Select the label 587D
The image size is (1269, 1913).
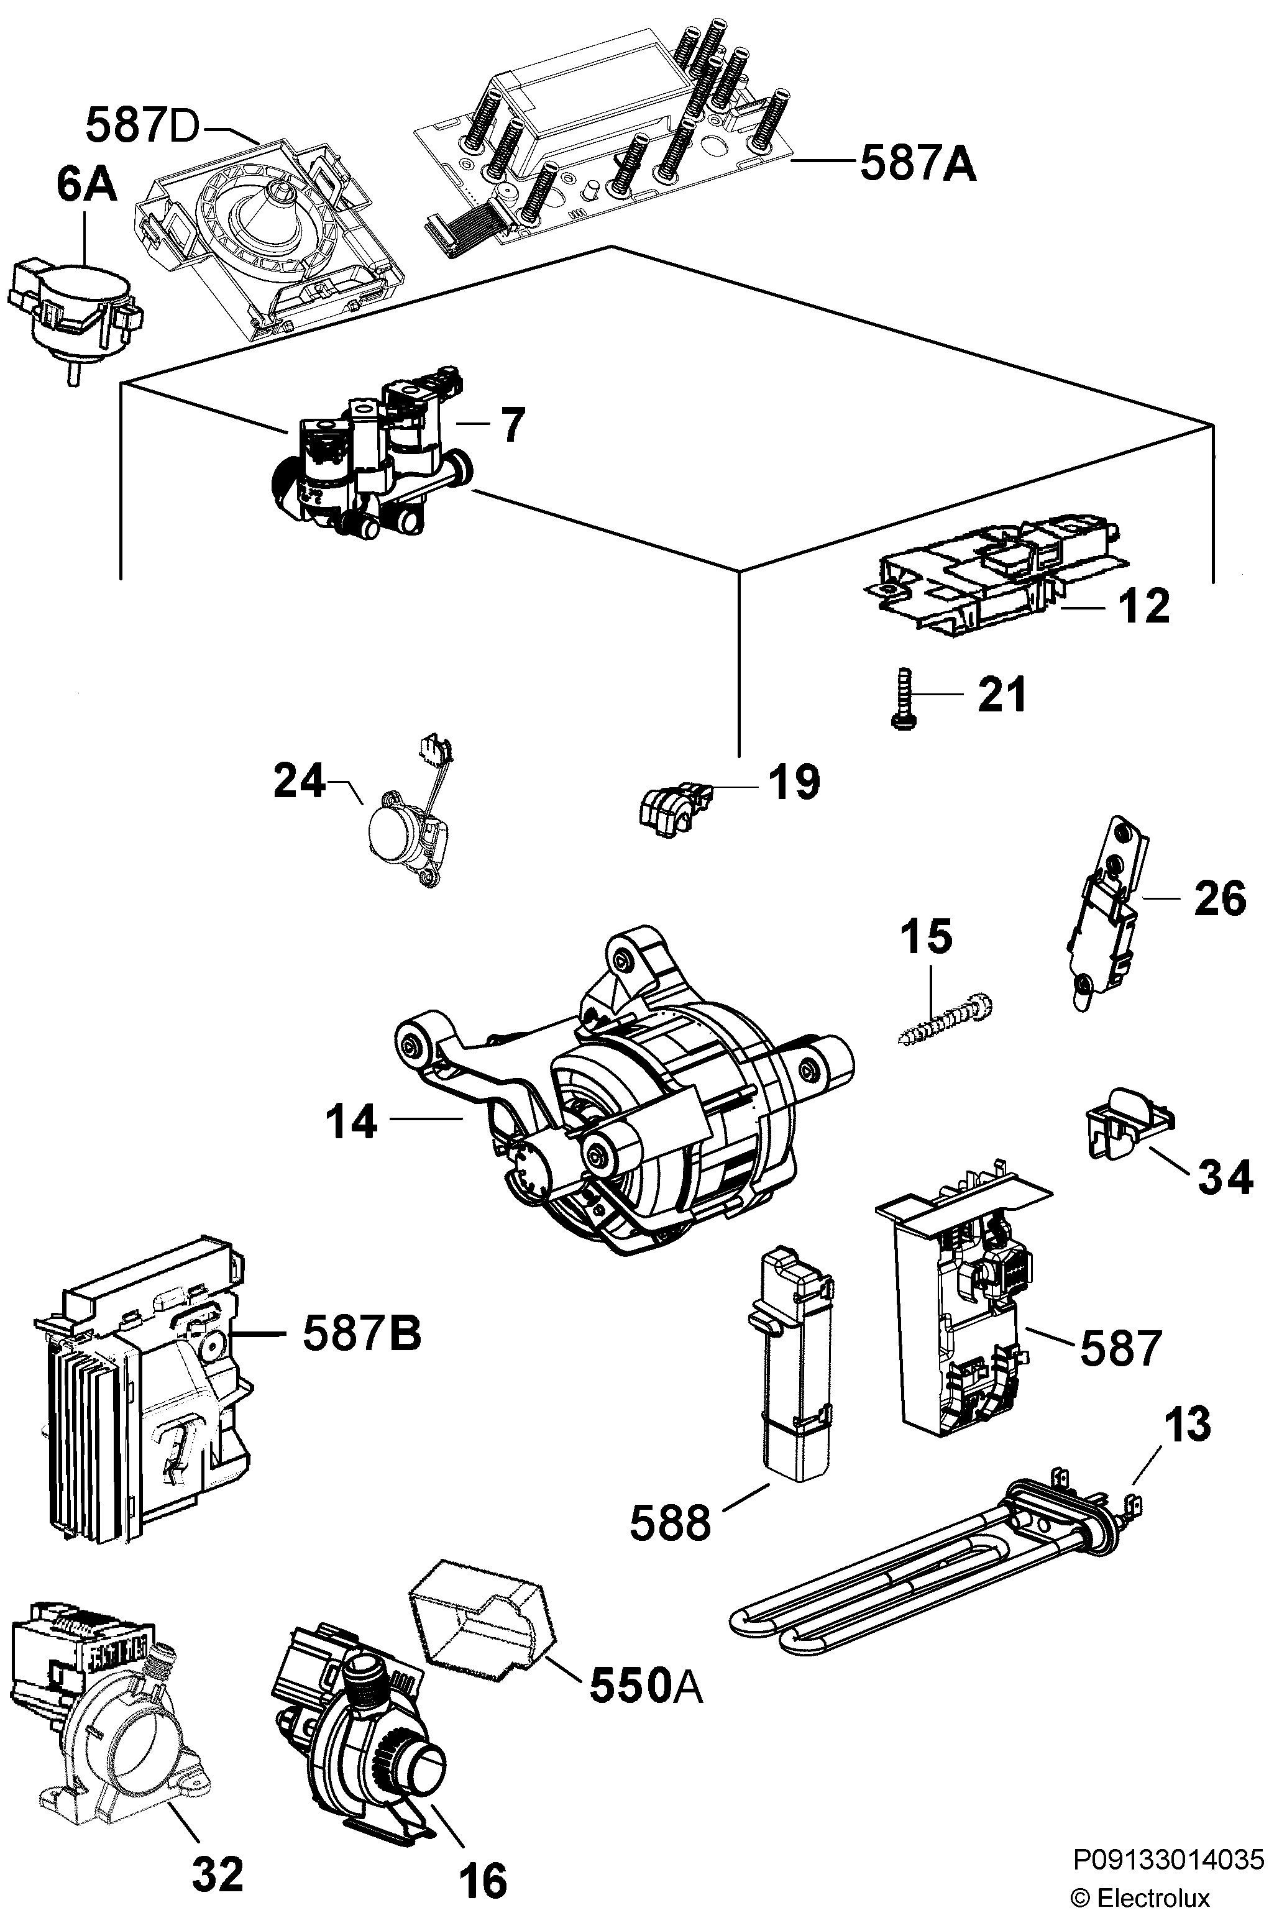point(141,126)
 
